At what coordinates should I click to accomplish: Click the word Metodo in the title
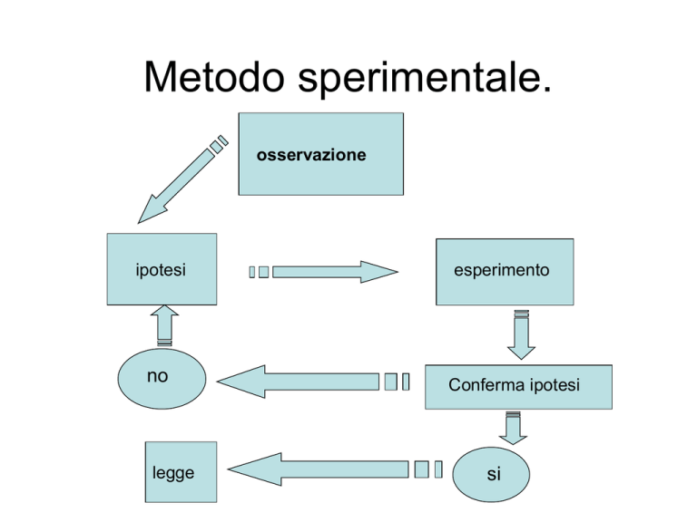214,76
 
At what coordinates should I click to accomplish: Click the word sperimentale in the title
425,79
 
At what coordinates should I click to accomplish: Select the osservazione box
321,154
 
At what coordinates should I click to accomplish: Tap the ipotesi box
162,269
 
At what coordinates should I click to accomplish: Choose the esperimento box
505,272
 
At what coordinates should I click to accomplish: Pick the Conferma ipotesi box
518,387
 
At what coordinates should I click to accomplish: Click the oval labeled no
162,379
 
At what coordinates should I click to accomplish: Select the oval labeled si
491,475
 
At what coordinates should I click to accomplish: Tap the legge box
181,472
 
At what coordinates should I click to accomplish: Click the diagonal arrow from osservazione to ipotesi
182,179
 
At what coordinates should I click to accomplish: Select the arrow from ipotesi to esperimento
323,272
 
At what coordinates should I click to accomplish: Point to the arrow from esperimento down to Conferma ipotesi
522,334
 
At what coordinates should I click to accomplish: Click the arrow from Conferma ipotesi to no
313,382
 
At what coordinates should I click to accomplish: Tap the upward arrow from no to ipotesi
164,325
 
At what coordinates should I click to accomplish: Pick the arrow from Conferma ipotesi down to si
513,428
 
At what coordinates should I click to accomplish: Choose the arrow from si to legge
335,469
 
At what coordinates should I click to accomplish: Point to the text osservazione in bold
311,155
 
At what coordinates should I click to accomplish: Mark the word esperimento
501,270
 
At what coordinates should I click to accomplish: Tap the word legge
173,473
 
